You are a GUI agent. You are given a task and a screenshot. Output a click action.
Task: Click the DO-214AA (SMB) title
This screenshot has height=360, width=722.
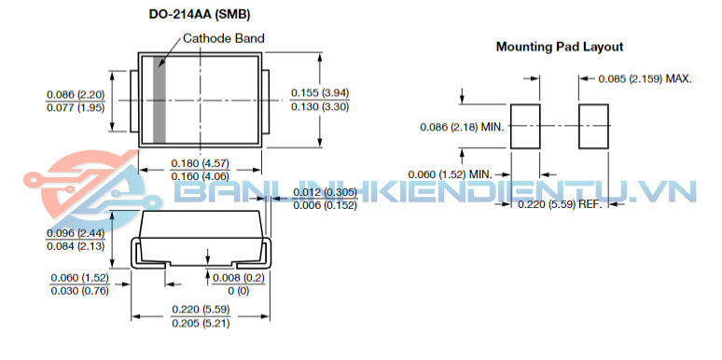click(x=200, y=15)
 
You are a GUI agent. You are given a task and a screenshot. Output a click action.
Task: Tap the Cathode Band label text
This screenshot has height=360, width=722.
click(x=224, y=38)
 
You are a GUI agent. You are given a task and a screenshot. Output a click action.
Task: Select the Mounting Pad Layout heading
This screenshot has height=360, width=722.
click(x=560, y=47)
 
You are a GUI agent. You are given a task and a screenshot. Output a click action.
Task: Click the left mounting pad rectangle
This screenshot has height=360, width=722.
click(x=525, y=126)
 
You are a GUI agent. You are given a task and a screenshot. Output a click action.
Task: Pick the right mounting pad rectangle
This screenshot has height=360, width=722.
click(x=593, y=126)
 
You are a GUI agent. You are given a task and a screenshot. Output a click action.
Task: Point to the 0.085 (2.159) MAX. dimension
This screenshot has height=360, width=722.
click(x=646, y=78)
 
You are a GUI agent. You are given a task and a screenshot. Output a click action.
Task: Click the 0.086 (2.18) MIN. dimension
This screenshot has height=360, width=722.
click(x=463, y=127)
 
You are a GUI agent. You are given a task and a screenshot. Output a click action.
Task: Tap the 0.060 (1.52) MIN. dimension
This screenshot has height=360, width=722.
click(x=451, y=174)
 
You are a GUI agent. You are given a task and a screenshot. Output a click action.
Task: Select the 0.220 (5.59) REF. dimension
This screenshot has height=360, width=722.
click(x=560, y=204)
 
